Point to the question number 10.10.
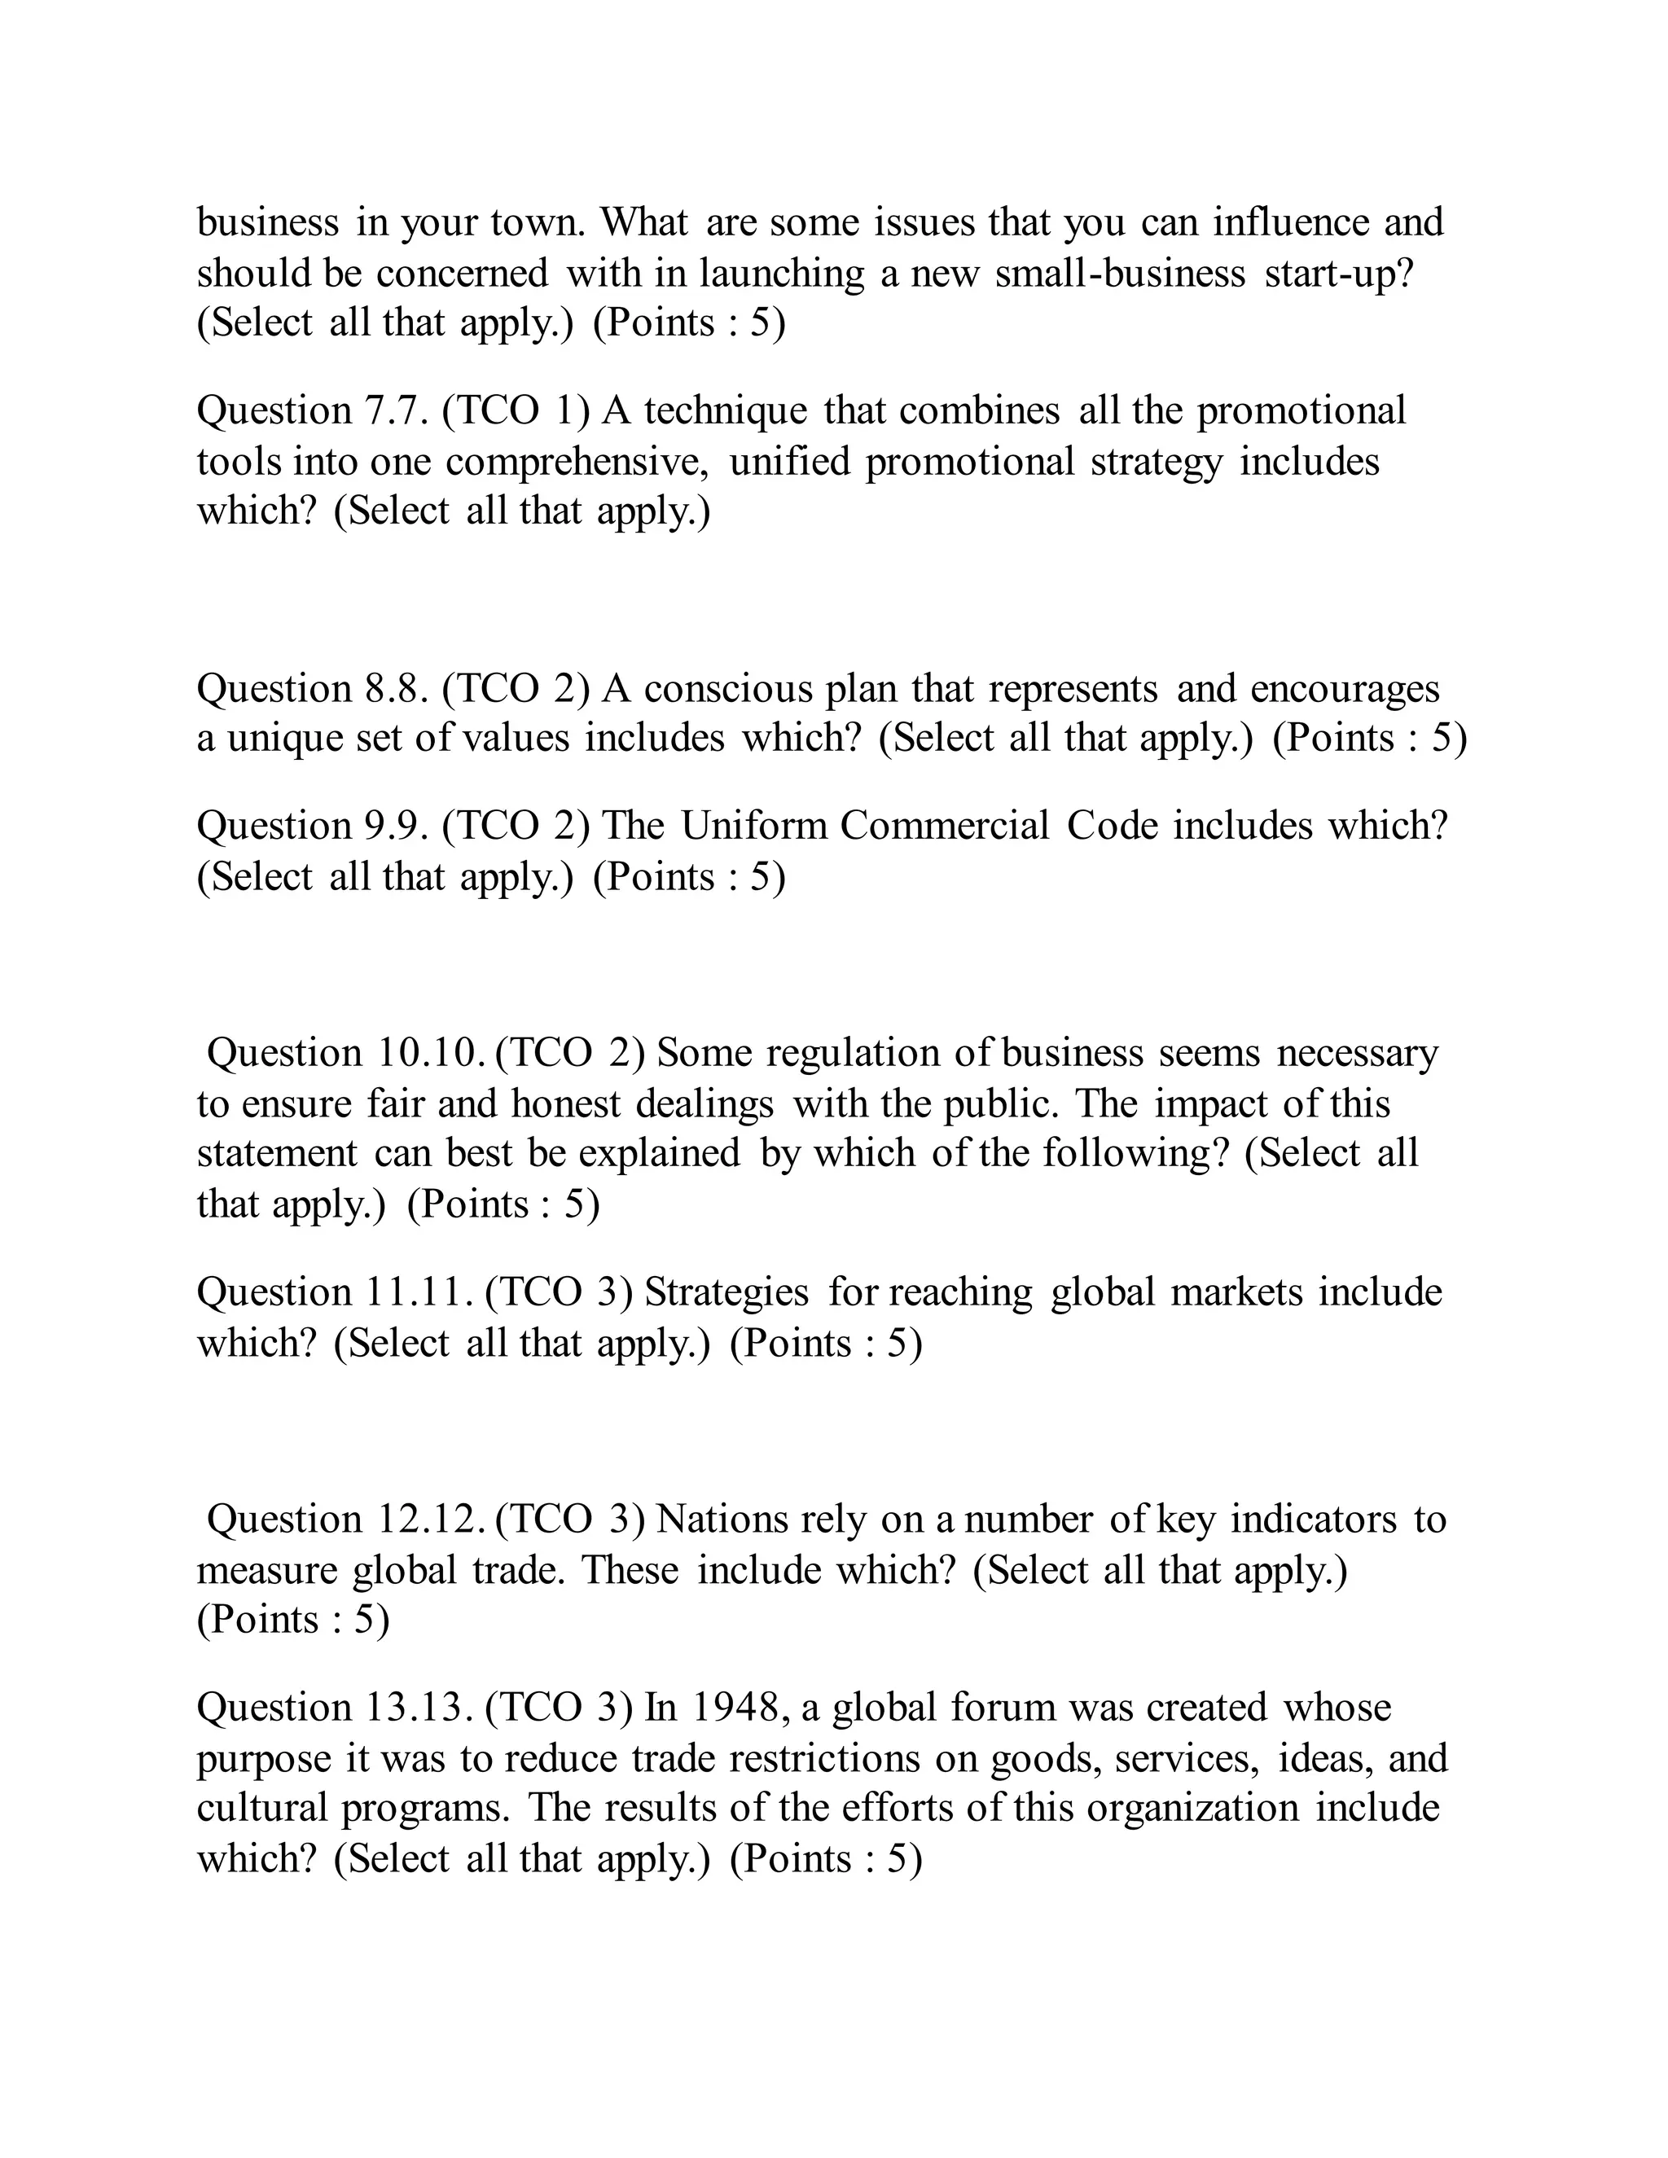tap(431, 1053)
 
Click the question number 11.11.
tap(420, 1292)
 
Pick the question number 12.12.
tap(431, 1520)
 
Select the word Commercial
tap(945, 826)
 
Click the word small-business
tap(1120, 274)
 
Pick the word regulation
tap(852, 1053)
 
